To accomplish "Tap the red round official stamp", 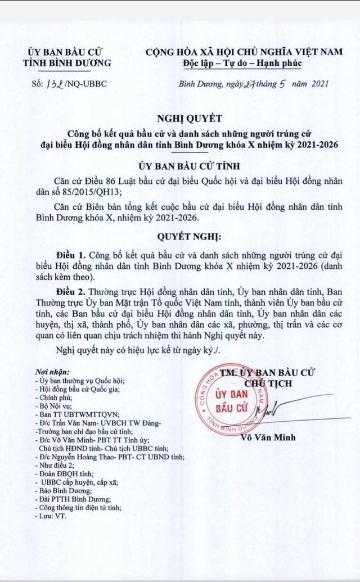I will click(230, 400).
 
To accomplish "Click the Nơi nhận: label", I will click(52, 372).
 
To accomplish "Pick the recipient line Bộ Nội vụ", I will click(57, 405).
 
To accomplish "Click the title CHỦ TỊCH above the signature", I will click(276, 383).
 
